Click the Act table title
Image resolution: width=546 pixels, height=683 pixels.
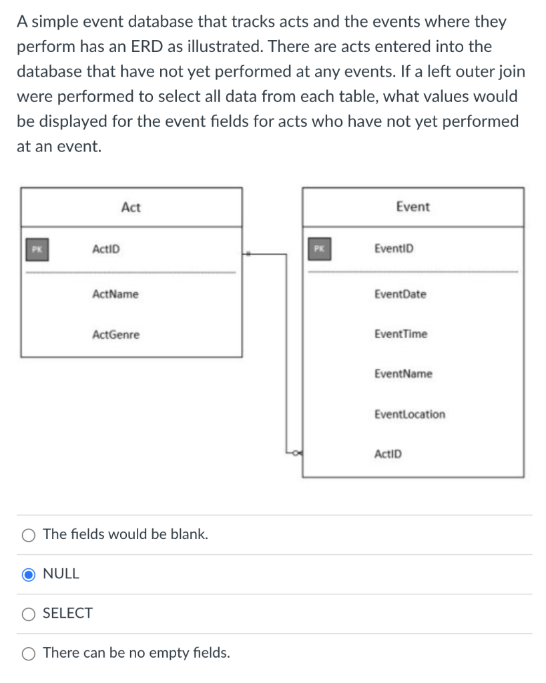point(131,207)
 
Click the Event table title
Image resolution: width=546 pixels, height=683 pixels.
point(413,206)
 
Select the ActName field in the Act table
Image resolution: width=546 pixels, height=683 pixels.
point(115,294)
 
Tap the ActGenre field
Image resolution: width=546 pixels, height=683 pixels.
point(115,334)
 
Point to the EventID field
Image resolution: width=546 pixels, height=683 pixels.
point(394,249)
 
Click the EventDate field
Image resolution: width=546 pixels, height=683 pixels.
point(400,294)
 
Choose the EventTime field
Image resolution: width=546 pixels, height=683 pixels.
point(400,334)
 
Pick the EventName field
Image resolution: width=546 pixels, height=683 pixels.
point(403,374)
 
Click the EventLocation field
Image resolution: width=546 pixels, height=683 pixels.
point(410,414)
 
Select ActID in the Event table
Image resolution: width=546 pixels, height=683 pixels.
point(388,454)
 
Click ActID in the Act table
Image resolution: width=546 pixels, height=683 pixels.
point(106,249)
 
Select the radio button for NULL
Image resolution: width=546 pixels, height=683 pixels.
point(29,574)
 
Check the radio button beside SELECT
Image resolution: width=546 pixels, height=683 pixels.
point(29,614)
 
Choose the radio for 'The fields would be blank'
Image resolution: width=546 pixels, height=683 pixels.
point(29,534)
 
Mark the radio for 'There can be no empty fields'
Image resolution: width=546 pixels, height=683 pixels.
point(29,653)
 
